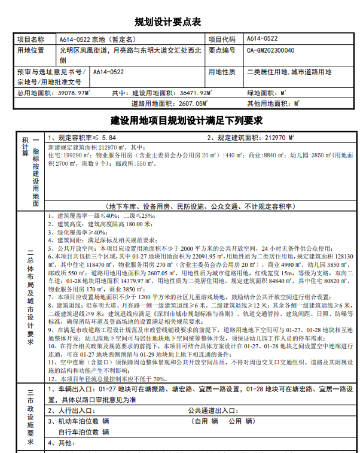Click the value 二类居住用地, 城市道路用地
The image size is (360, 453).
coord(289,72)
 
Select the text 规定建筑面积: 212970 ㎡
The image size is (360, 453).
coord(251,138)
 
